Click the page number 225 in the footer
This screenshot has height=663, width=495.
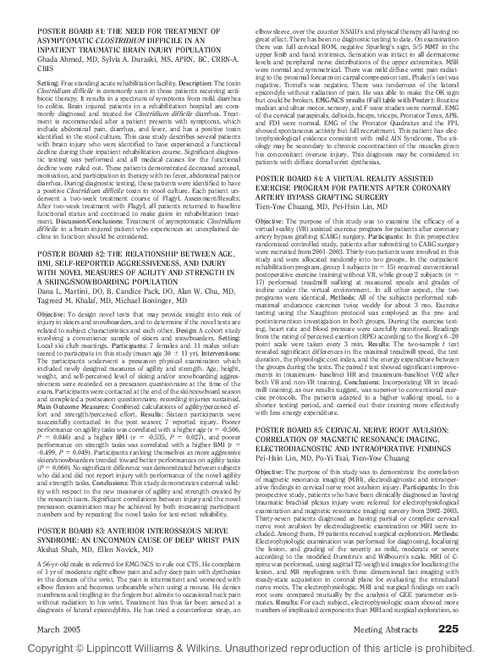(447, 627)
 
